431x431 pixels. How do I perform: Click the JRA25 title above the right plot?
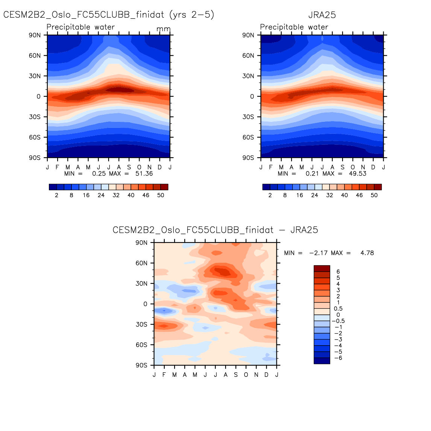pos(322,15)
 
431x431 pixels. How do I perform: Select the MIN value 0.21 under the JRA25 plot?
pos(312,174)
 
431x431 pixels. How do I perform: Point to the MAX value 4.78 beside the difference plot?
pos(367,253)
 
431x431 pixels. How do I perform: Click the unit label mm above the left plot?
pos(164,29)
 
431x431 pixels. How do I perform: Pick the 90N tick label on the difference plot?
pos(141,243)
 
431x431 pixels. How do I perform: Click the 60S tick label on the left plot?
pos(35,138)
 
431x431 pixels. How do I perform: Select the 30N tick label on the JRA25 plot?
pos(248,76)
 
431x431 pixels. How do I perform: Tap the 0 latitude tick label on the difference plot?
pos(146,304)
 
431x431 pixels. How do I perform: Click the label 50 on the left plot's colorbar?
pos(161,196)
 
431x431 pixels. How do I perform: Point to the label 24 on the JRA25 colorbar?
pos(315,196)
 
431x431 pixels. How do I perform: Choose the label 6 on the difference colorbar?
pos(338,272)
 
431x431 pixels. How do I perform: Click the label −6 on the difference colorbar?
pos(338,358)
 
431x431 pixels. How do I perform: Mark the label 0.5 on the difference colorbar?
pos(338,309)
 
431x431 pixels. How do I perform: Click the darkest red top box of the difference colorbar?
pos(322,269)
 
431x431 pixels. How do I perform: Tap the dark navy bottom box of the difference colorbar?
pos(322,361)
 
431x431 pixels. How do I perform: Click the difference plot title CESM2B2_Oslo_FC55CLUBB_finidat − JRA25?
pos(215,230)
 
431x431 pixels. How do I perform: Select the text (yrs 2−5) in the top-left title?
pos(192,15)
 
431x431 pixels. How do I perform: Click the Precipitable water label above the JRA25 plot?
pos(294,27)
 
